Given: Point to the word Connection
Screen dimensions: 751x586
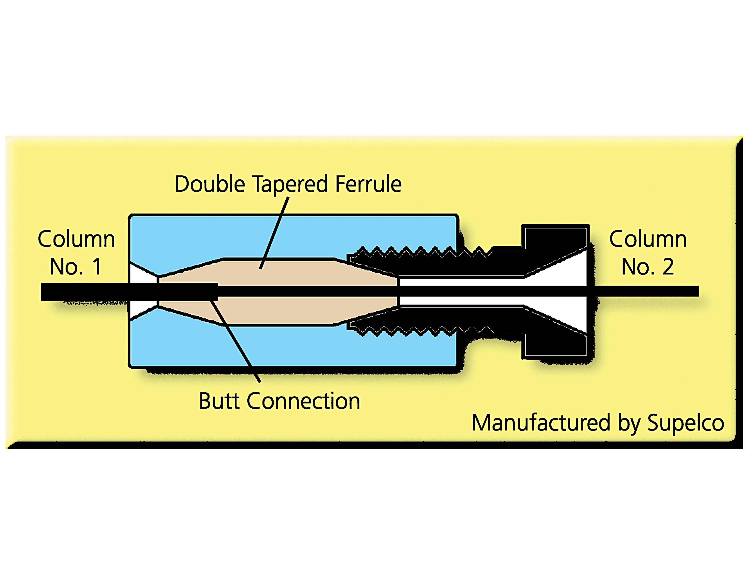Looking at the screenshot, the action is click(303, 401).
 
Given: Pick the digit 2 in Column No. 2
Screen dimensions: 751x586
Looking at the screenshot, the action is click(668, 266).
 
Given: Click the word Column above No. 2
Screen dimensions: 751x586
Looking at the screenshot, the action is click(648, 239).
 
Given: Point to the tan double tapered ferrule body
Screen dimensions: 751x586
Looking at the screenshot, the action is click(278, 272).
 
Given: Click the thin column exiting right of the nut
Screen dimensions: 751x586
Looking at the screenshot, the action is click(643, 291).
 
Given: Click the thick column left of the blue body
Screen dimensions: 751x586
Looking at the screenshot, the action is click(84, 292).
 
